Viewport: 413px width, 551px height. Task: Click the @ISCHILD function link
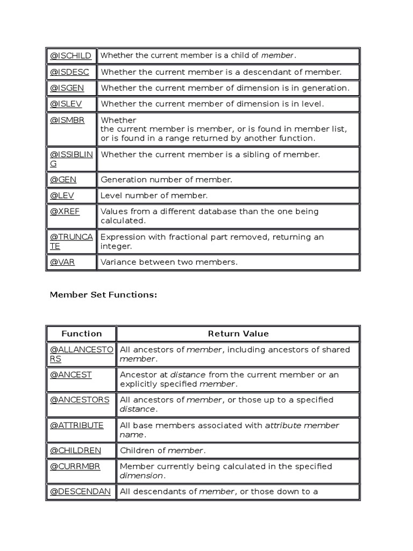pyautogui.click(x=71, y=55)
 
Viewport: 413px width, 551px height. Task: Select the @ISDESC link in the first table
pyautogui.click(x=70, y=72)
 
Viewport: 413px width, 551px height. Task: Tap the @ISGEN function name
pyautogui.click(x=67, y=88)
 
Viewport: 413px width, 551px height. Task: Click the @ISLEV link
pyautogui.click(x=66, y=104)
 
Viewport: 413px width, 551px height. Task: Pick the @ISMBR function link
pyautogui.click(x=67, y=120)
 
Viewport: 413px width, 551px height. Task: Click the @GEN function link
pyautogui.click(x=63, y=180)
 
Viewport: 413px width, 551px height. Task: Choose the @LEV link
pyautogui.click(x=62, y=195)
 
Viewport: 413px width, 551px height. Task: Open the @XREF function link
pyautogui.click(x=65, y=211)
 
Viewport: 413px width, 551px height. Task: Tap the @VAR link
pyautogui.click(x=62, y=262)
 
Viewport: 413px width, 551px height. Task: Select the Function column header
pyautogui.click(x=82, y=334)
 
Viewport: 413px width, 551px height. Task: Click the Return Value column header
pyautogui.click(x=238, y=334)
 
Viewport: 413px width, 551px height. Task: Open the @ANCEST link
pyautogui.click(x=71, y=375)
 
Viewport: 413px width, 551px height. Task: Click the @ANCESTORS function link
pyautogui.click(x=80, y=400)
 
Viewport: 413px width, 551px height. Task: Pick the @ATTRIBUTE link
pyautogui.click(x=77, y=425)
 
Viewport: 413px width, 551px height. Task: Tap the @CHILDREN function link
pyautogui.click(x=75, y=450)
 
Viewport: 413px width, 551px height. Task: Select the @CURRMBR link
pyautogui.click(x=76, y=466)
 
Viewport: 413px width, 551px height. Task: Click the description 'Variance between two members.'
pyautogui.click(x=169, y=262)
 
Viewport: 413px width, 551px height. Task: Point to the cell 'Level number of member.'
pyautogui.click(x=154, y=195)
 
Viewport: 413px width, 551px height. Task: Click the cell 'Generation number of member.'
pyautogui.click(x=166, y=180)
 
